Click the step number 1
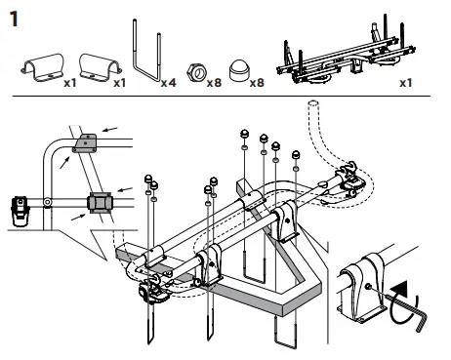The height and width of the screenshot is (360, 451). tap(14, 19)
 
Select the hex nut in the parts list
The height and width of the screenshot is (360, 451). tap(196, 72)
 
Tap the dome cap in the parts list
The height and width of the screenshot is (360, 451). tap(239, 70)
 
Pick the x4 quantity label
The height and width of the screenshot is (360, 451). tap(169, 83)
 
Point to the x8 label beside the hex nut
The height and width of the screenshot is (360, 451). tap(214, 83)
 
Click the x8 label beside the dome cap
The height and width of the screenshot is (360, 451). tap(257, 83)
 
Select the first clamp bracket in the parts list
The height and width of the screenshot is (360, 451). tap(42, 67)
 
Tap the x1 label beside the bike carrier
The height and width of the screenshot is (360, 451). tap(406, 83)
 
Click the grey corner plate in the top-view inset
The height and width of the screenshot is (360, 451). tap(85, 143)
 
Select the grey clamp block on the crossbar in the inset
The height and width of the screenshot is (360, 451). tap(101, 202)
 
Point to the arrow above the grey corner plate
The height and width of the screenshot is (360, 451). tap(110, 130)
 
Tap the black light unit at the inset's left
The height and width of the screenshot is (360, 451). tap(20, 211)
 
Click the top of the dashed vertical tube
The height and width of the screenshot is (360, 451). tap(313, 104)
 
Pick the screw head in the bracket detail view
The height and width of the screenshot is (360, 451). tap(369, 287)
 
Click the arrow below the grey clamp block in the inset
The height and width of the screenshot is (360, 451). tap(78, 217)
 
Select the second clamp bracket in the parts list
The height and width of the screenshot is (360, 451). tap(101, 67)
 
